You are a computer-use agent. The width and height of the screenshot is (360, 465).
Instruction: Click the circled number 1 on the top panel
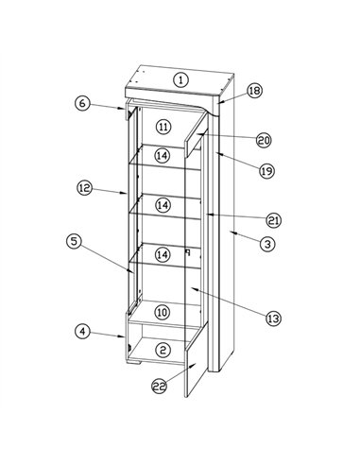coord(180,79)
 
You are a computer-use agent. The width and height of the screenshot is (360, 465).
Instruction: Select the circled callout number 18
coord(254,91)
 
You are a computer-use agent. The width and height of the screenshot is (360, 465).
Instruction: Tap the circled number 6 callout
coord(82,103)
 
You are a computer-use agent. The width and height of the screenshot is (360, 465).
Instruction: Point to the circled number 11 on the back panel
coord(164,127)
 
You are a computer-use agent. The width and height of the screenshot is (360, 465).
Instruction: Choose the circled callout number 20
coord(264,140)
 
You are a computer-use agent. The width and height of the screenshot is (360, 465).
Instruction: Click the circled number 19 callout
coord(267,171)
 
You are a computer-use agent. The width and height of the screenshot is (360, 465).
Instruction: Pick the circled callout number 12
coord(84,188)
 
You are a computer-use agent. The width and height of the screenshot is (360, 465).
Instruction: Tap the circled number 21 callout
coord(273,220)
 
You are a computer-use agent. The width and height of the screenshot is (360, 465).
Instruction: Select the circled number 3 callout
coord(267,244)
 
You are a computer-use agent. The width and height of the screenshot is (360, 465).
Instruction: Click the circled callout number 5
coord(74,241)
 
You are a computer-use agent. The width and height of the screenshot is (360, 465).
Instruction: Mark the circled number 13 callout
coord(273,319)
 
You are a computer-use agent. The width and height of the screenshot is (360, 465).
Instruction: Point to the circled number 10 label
coord(163,312)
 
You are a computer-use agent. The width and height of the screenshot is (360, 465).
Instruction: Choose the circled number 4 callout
coord(82,332)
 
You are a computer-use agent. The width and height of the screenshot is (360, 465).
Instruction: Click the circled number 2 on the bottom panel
coord(163,350)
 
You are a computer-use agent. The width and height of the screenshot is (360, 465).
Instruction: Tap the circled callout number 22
coord(160,386)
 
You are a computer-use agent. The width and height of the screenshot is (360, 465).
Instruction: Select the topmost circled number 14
coord(163,155)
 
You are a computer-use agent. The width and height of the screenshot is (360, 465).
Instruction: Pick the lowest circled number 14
coord(163,254)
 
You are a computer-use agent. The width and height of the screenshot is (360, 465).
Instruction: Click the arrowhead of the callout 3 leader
coord(232,232)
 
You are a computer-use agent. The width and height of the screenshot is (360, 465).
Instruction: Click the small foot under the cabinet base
coord(133,362)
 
